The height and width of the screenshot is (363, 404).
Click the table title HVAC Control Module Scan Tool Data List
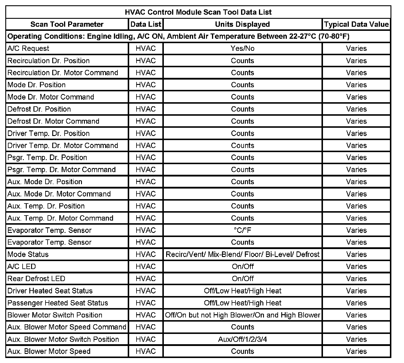pyautogui.click(x=198, y=12)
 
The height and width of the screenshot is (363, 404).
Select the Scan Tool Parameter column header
pyautogui.click(x=67, y=24)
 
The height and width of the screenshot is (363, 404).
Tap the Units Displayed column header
pyautogui.click(x=242, y=24)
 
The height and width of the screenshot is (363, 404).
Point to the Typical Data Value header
pyautogui.click(x=356, y=24)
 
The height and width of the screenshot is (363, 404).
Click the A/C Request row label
pyautogui.click(x=28, y=48)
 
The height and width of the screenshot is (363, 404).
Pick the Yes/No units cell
pyautogui.click(x=242, y=48)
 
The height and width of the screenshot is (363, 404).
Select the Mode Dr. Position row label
pyautogui.click(x=36, y=85)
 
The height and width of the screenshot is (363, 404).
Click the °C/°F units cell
pyautogui.click(x=242, y=230)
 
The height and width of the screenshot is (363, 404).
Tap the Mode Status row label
pyautogui.click(x=28, y=254)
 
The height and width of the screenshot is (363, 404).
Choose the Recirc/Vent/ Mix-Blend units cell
pyautogui.click(x=242, y=254)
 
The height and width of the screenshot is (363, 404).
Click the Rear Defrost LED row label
pyautogui.click(x=36, y=279)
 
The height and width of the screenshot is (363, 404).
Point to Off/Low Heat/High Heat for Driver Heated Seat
pyautogui.click(x=242, y=291)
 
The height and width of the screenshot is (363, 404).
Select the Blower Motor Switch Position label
pyautogui.click(x=55, y=315)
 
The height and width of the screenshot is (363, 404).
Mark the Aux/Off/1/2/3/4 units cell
pyautogui.click(x=242, y=340)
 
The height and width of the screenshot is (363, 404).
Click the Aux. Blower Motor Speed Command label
pyautogui.click(x=67, y=327)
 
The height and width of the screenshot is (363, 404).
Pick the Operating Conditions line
pyautogui.click(x=178, y=36)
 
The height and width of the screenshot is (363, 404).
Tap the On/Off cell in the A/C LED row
pyautogui.click(x=242, y=267)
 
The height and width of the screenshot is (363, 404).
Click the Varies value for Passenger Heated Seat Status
pyautogui.click(x=356, y=303)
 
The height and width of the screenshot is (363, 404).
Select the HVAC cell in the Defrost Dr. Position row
pyautogui.click(x=146, y=109)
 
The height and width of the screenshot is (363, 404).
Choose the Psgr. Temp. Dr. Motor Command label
pyautogui.click(x=62, y=170)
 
